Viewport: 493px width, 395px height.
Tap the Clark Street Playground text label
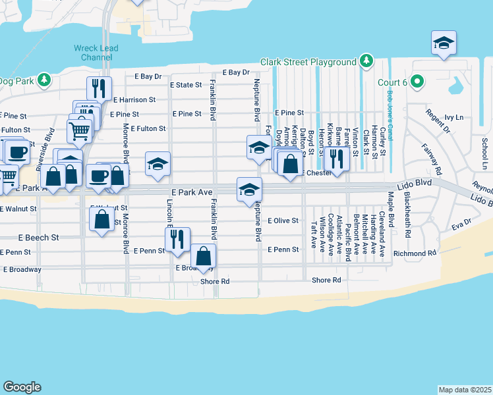(308, 62)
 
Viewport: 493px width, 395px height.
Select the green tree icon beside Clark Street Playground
(366, 62)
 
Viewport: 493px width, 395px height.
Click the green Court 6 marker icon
(417, 82)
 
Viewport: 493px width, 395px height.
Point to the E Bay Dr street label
(237, 72)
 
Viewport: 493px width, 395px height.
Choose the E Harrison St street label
(134, 100)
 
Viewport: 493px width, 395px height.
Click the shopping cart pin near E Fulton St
(79, 129)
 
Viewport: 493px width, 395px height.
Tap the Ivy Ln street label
(455, 117)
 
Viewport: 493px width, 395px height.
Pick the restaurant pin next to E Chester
(336, 160)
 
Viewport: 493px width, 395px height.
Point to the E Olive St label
(283, 221)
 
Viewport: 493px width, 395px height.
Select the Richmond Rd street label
(415, 253)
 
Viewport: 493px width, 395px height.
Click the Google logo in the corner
(22, 387)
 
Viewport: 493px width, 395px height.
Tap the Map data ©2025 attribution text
(465, 389)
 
